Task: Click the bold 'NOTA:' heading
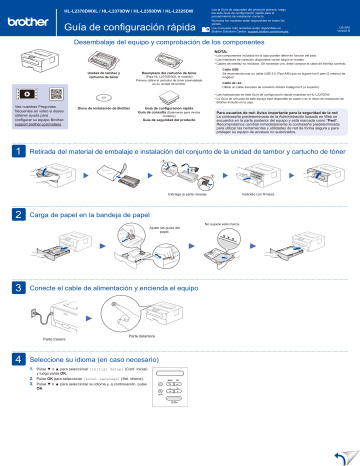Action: (x=221, y=46)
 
